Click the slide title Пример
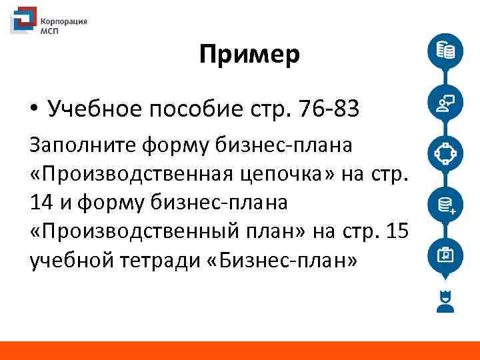coord(249,56)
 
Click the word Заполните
coord(79,145)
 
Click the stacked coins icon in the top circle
coord(445,51)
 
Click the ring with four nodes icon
coord(445,153)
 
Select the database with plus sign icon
coord(445,204)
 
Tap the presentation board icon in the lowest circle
coord(445,255)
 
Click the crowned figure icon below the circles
coord(445,301)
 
